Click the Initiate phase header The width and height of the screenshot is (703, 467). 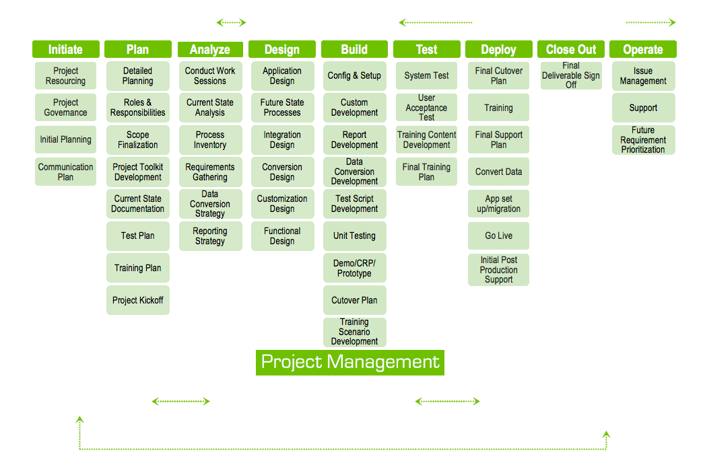tap(65, 49)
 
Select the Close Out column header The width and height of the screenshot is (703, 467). tap(571, 49)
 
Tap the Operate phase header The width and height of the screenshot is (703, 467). tap(643, 49)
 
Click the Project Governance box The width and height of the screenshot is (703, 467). tap(65, 108)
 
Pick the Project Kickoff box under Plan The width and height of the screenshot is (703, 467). tap(138, 300)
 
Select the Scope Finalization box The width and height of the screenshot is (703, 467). tap(138, 140)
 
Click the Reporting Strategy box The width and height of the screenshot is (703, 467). tap(210, 236)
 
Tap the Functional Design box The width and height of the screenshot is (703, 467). tap(282, 236)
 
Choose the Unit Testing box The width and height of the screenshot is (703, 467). tap(354, 236)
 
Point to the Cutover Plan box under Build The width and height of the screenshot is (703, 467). tap(354, 300)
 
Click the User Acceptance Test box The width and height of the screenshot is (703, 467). tap(426, 108)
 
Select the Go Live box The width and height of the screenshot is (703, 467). tap(499, 236)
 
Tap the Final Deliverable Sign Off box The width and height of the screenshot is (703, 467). tap(571, 75)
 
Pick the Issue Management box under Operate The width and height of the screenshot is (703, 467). tap(643, 76)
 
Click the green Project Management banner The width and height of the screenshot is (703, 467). tap(350, 362)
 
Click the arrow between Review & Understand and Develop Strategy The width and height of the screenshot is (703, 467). tap(232, 22)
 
